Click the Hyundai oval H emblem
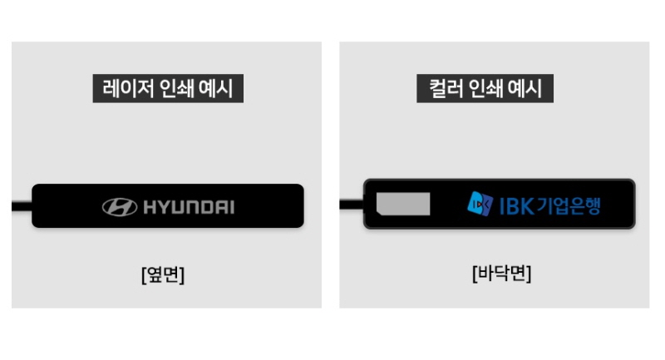(x=120, y=207)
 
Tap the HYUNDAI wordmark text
(x=189, y=207)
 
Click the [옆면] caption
(x=163, y=274)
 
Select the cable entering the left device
(x=21, y=205)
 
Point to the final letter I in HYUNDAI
(x=231, y=207)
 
